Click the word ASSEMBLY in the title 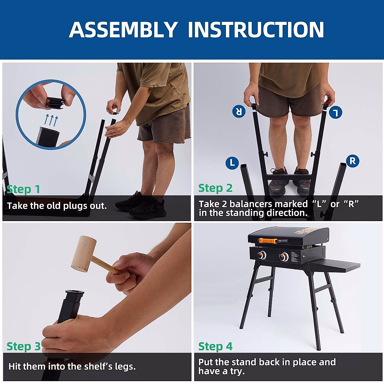(123, 29)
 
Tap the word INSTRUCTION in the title (256, 29)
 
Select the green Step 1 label (23, 189)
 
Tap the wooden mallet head (84, 254)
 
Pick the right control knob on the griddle (284, 257)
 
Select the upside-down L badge (336, 112)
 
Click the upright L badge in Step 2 (232, 163)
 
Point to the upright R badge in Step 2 (353, 161)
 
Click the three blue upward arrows (51, 120)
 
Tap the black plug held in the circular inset (56, 103)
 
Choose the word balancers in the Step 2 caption (268, 204)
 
